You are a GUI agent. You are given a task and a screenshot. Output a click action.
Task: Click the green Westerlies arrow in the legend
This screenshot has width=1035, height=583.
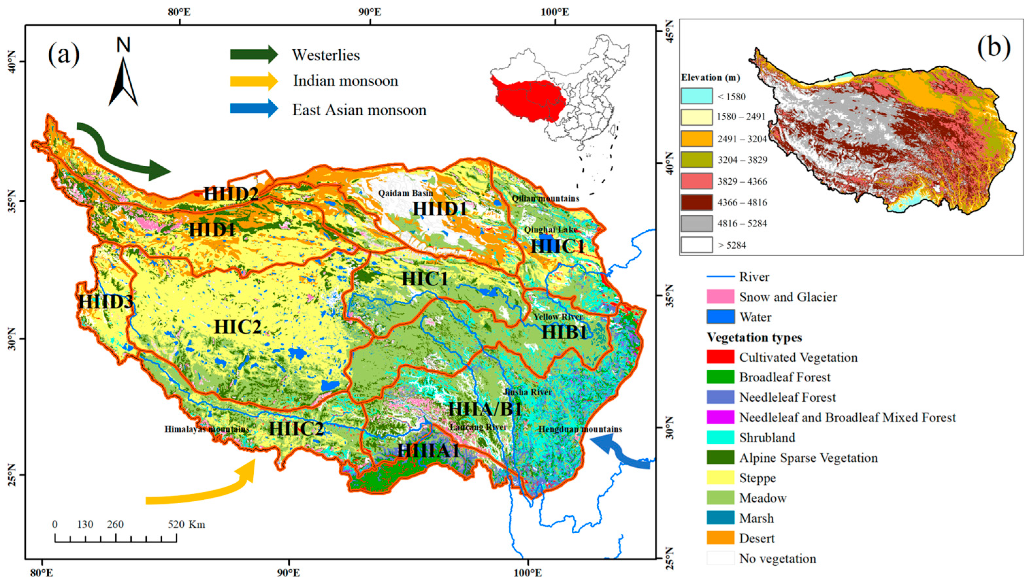click(253, 54)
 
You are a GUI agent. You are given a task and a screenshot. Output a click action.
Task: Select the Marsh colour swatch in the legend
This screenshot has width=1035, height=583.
click(720, 518)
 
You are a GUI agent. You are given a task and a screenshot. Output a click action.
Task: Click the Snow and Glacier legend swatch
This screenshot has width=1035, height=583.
click(720, 297)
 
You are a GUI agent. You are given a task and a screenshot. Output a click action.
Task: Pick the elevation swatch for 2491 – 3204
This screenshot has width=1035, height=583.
click(696, 138)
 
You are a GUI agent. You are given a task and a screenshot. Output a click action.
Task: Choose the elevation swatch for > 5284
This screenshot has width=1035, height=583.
click(696, 244)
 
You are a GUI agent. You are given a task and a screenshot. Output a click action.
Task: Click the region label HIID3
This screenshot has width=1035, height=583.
click(105, 302)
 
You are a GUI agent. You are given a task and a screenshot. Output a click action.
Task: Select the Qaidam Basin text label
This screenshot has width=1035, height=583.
click(405, 193)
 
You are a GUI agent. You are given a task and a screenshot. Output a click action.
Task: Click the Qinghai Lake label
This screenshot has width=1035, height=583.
click(550, 230)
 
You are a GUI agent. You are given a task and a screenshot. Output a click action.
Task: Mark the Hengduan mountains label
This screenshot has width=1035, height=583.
click(580, 429)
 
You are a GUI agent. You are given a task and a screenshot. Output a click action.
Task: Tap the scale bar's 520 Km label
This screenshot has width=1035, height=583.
click(186, 524)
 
